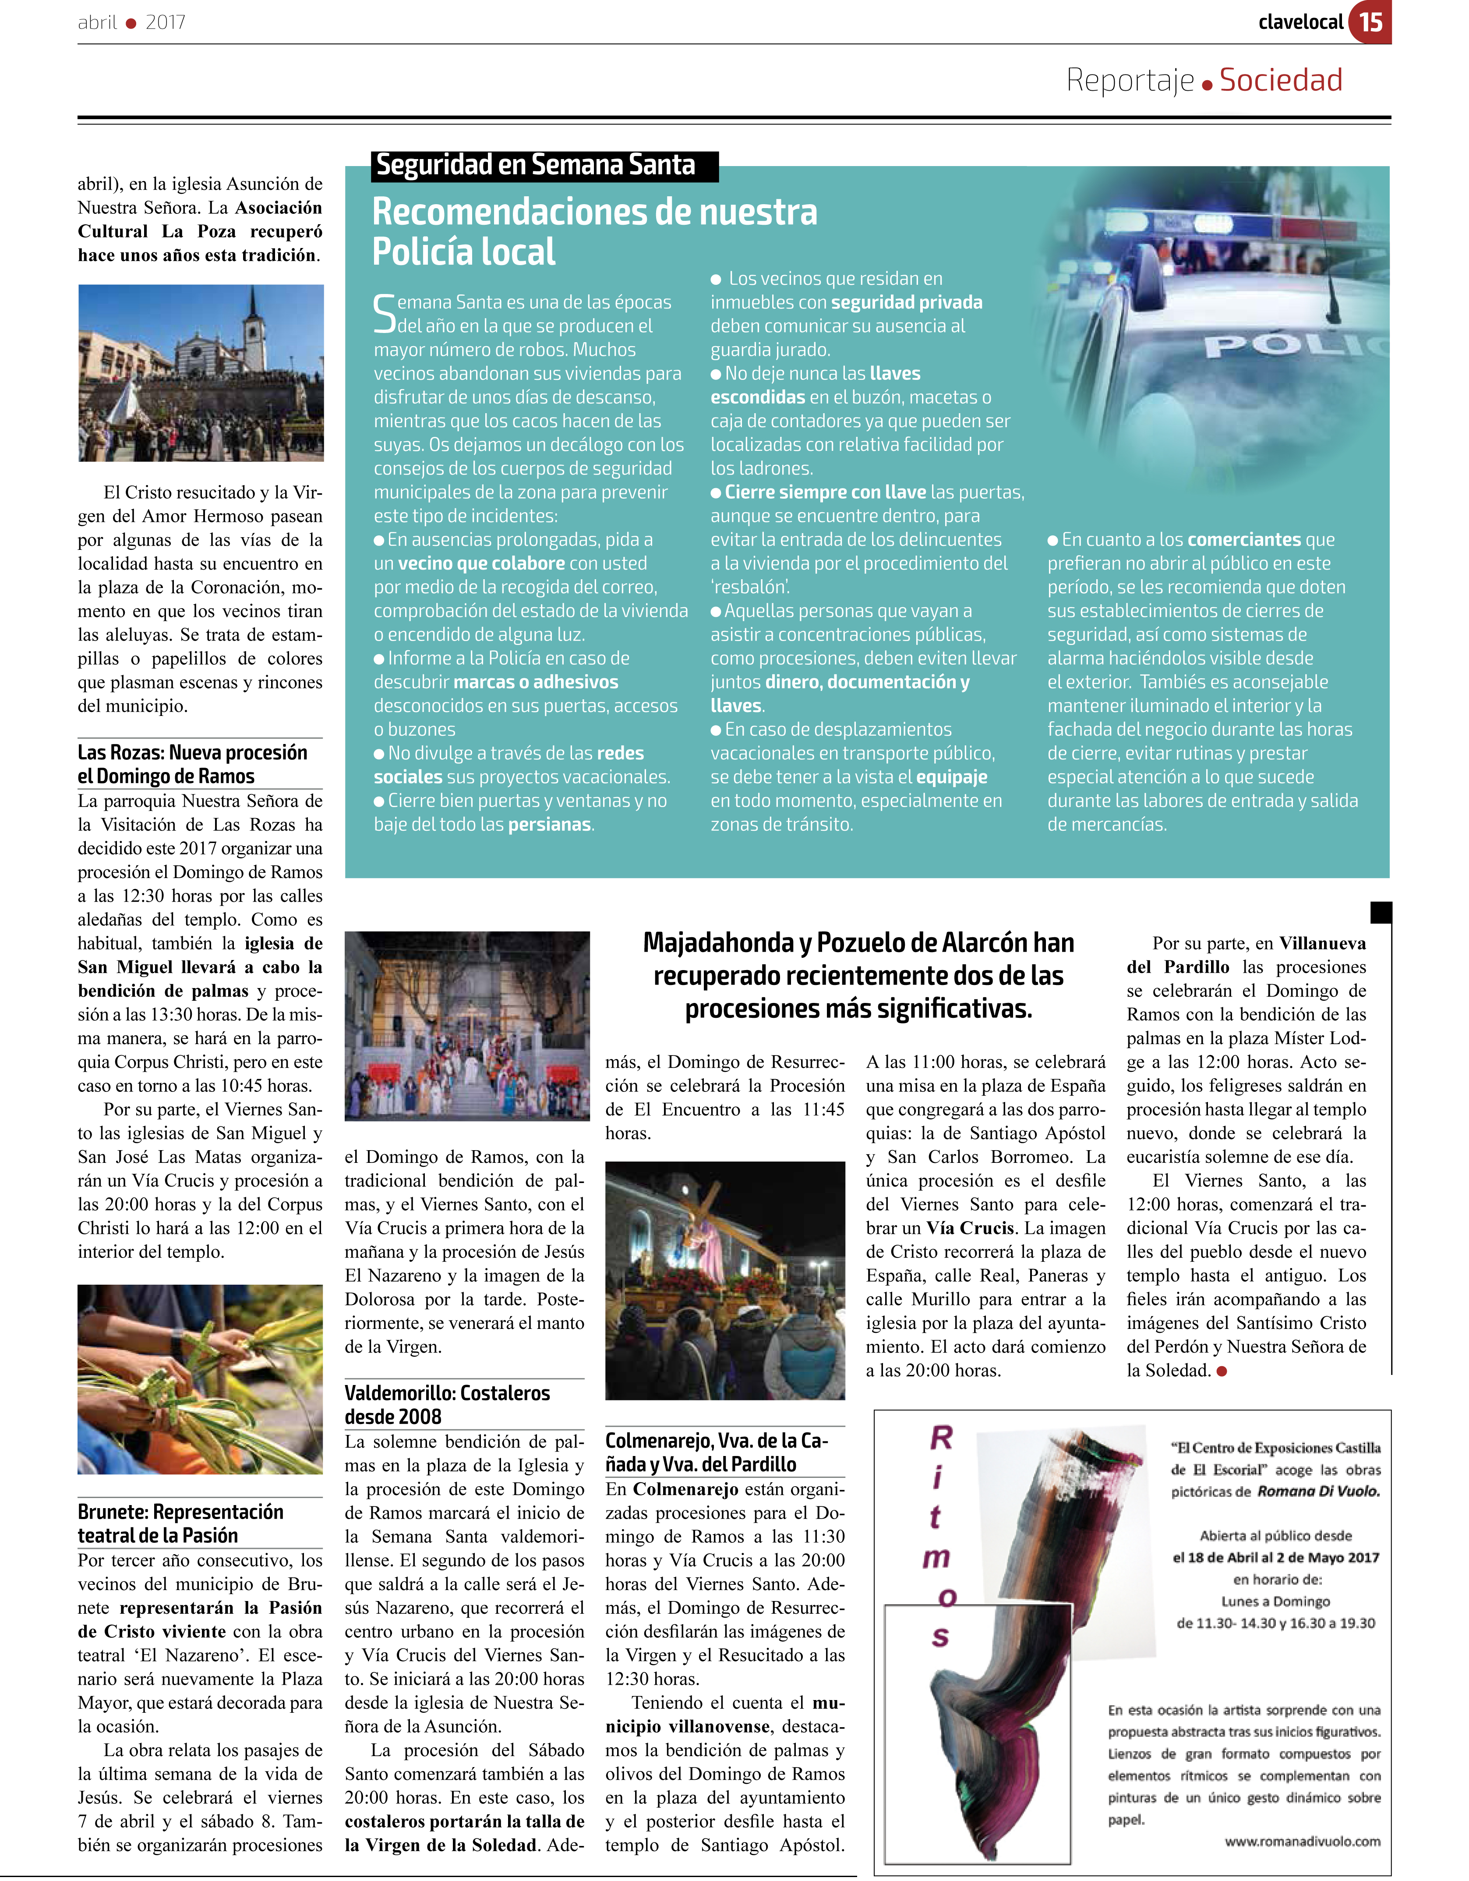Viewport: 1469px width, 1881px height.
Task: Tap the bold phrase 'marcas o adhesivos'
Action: [x=536, y=682]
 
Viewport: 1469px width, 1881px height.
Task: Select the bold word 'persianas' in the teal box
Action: [x=549, y=824]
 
